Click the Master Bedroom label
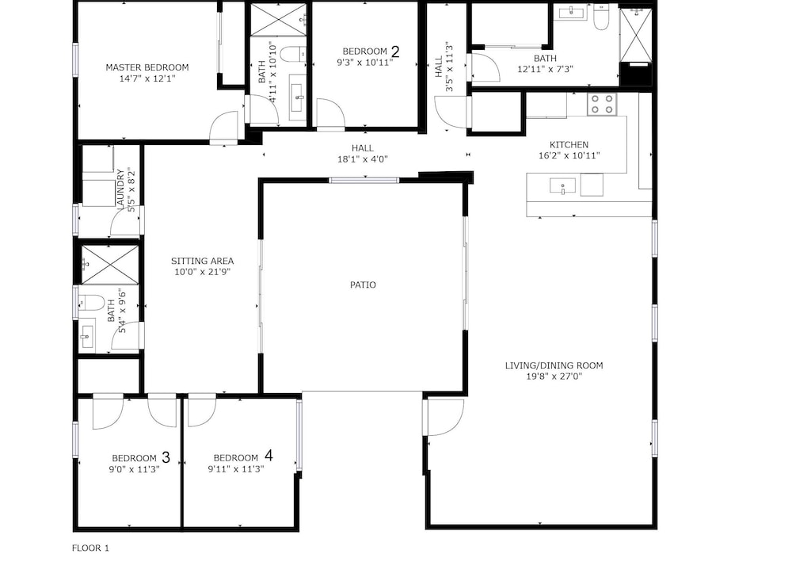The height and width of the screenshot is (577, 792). (x=147, y=67)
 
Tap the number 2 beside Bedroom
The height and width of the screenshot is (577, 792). (x=395, y=52)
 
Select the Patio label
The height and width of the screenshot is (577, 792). (x=364, y=285)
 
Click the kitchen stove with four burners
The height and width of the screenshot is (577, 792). (x=602, y=104)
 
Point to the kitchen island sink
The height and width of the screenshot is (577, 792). (x=562, y=186)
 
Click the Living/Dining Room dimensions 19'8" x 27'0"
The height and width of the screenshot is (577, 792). (x=554, y=376)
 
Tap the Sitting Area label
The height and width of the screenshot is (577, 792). (x=202, y=262)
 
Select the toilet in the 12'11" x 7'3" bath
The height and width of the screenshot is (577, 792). (x=601, y=17)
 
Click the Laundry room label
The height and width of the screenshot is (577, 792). (x=120, y=189)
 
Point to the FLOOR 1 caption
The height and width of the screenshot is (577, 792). (x=90, y=548)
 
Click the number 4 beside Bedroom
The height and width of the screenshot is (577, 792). (x=268, y=456)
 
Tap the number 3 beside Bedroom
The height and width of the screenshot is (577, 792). (x=166, y=458)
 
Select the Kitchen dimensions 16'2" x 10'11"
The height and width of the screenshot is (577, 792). (x=569, y=155)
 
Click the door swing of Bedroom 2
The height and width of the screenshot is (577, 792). (x=330, y=113)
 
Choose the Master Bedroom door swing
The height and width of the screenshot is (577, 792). (x=224, y=126)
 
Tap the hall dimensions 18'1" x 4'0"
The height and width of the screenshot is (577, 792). (x=363, y=159)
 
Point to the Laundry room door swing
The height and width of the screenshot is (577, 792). (x=125, y=221)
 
